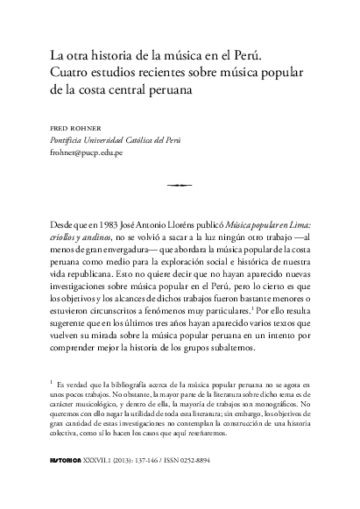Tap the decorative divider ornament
pyautogui.click(x=178, y=185)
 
